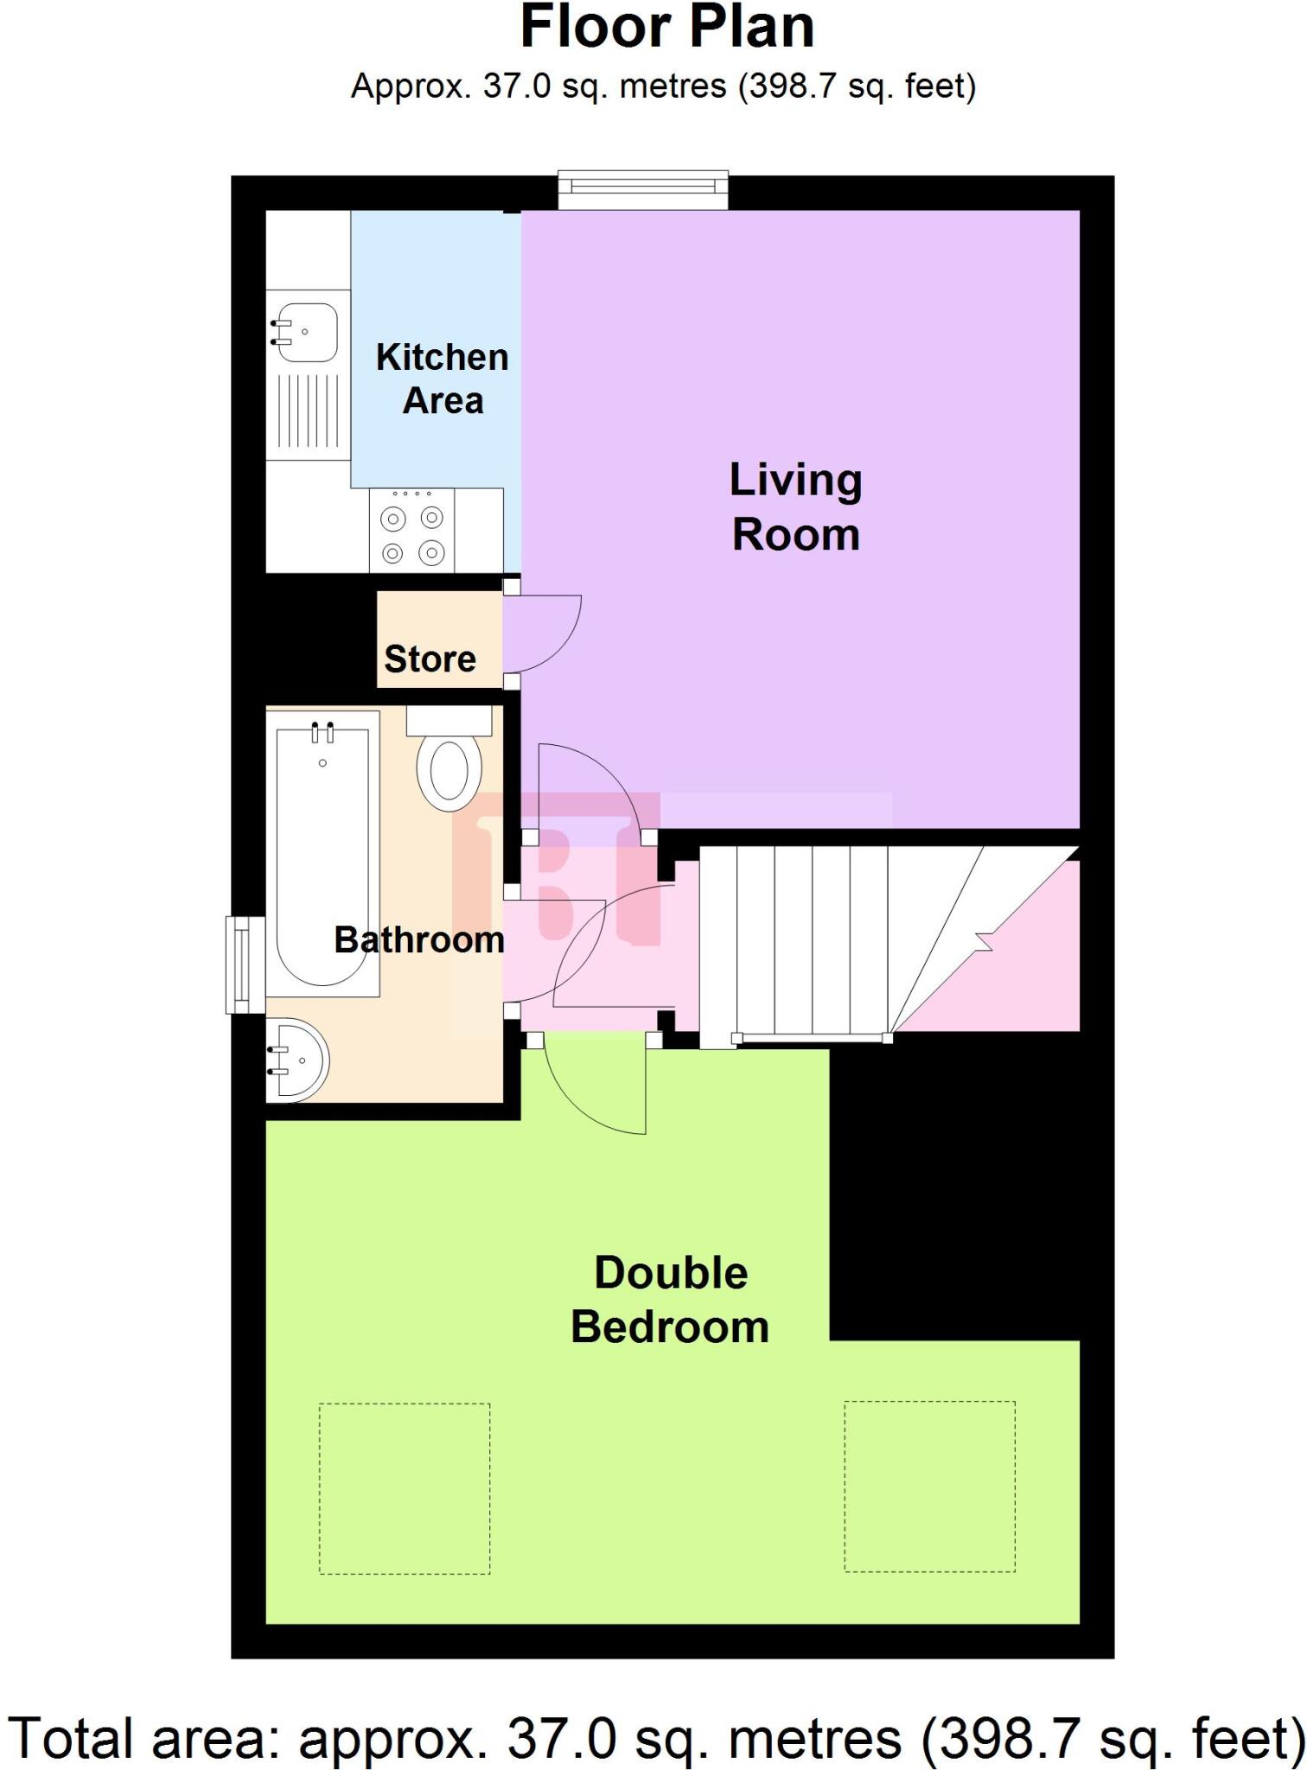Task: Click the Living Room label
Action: (x=795, y=507)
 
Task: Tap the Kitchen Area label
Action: (x=442, y=379)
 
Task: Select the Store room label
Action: (x=430, y=659)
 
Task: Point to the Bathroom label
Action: (x=419, y=939)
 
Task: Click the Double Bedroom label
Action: (x=670, y=1300)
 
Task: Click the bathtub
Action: (x=322, y=856)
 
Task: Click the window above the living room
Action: (x=642, y=189)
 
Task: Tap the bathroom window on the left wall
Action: (x=245, y=965)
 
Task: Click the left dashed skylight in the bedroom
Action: (x=405, y=1488)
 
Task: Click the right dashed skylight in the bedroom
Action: (x=929, y=1487)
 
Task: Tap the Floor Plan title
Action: (x=666, y=28)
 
